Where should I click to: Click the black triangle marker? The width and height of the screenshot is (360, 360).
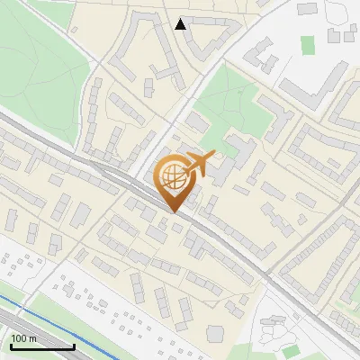pos(181,24)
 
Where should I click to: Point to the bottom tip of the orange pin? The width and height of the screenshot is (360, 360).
pos(172,211)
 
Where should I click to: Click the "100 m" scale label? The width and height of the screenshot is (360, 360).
pos(23,338)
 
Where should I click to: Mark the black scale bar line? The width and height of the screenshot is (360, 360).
pos(42,346)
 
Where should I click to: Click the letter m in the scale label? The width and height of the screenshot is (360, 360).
pos(32,338)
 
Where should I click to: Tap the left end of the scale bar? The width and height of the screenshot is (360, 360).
pos(11,346)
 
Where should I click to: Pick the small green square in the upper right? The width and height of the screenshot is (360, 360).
pos(308,44)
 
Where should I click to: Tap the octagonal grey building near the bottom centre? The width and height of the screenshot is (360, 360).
pos(215,333)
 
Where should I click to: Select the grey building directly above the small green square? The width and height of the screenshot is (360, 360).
pos(309,9)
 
